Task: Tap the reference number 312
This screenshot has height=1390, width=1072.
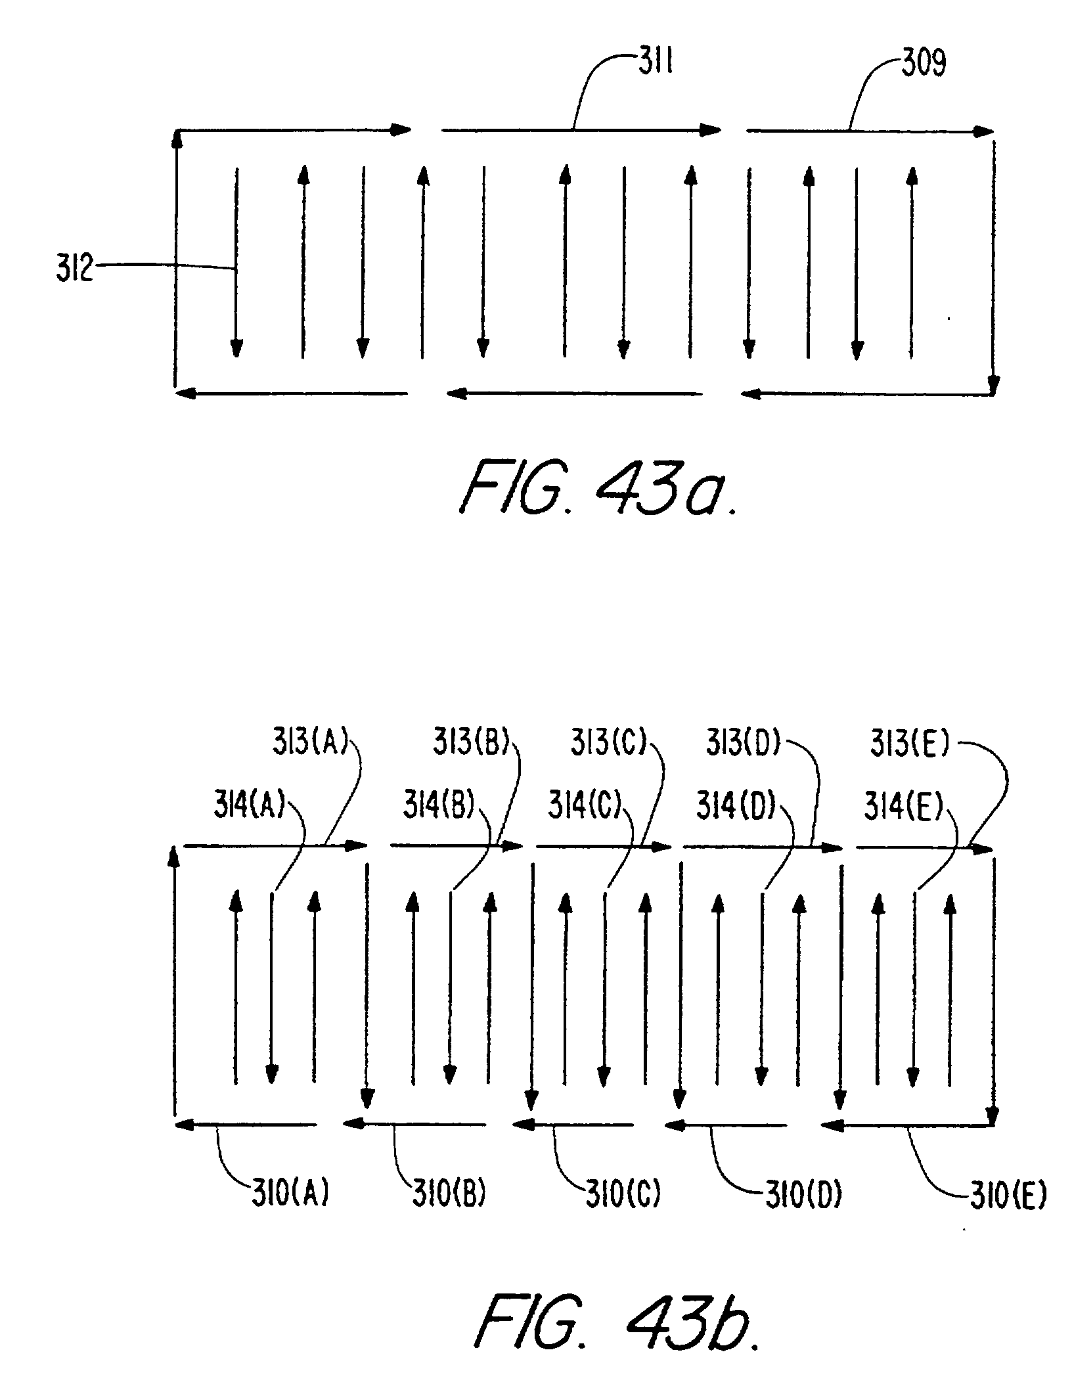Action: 74,270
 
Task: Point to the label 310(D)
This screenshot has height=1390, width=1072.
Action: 803,1196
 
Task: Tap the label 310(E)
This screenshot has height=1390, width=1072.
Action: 1008,1196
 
